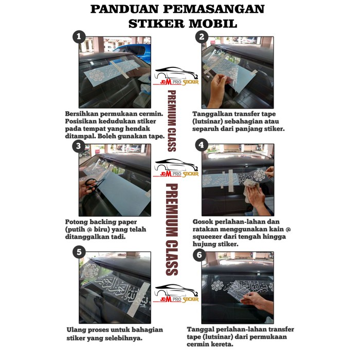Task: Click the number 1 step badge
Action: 79,37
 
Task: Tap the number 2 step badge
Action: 202,37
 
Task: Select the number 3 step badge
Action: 79,146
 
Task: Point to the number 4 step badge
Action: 202,145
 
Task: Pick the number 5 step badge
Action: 79,252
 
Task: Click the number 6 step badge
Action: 200,255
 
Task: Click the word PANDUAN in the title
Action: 124,9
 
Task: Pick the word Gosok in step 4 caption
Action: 203,222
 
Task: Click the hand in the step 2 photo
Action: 217,90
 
